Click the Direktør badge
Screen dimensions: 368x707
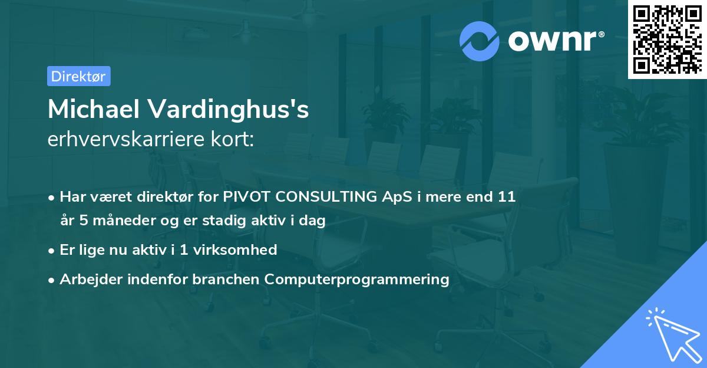click(78, 76)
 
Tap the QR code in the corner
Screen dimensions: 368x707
click(666, 39)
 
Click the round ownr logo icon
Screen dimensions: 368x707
click(480, 40)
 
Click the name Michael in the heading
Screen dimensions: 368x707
click(94, 110)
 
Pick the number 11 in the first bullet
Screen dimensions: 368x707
click(507, 197)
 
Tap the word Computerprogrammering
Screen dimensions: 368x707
click(357, 279)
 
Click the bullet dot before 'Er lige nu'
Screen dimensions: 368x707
click(52, 250)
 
